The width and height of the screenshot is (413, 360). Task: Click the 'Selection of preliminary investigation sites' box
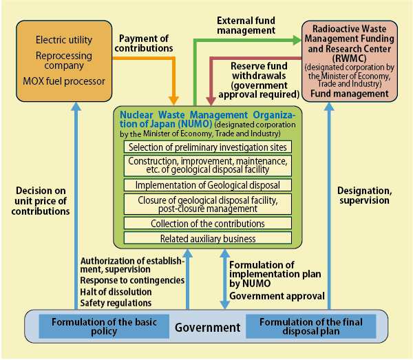coord(207,147)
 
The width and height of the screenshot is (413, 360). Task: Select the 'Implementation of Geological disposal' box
coord(207,184)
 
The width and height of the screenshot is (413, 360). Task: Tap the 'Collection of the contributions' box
coord(207,223)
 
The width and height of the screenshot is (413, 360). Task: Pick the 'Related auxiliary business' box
coord(207,238)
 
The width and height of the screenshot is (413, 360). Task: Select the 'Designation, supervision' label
coord(363,195)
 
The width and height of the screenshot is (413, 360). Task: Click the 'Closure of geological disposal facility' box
coord(207,204)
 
